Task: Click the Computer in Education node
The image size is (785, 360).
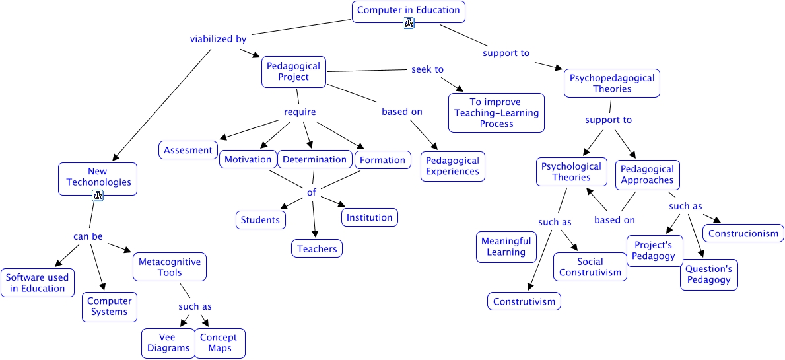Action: pyautogui.click(x=408, y=11)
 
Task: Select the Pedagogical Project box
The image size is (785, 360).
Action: pyautogui.click(x=294, y=71)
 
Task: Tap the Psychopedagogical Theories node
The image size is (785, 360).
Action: pyautogui.click(x=612, y=83)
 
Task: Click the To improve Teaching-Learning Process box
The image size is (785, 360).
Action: pyautogui.click(x=496, y=113)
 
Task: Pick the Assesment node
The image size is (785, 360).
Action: pyautogui.click(x=188, y=150)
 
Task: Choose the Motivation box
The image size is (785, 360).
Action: pyautogui.click(x=248, y=159)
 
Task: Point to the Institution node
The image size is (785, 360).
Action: pyautogui.click(x=369, y=217)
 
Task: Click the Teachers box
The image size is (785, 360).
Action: pyautogui.click(x=317, y=249)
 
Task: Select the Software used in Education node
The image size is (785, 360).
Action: pyautogui.click(x=37, y=283)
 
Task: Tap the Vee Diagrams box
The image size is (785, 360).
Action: pyautogui.click(x=168, y=343)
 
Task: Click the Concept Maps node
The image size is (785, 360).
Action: pyautogui.click(x=220, y=343)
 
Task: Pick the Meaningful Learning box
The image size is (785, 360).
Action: pyautogui.click(x=506, y=246)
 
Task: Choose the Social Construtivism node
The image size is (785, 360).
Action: pyautogui.click(x=590, y=267)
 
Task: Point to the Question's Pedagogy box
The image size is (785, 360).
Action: pyautogui.click(x=708, y=274)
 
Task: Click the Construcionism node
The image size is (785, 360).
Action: pyautogui.click(x=743, y=233)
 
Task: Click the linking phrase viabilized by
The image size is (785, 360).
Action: pyautogui.click(x=218, y=39)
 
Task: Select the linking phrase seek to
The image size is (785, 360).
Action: pyautogui.click(x=427, y=69)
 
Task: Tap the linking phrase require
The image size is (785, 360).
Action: pyautogui.click(x=300, y=112)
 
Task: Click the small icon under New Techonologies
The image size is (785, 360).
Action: pyautogui.click(x=98, y=195)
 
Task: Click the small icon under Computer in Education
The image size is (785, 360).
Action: pyautogui.click(x=409, y=24)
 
